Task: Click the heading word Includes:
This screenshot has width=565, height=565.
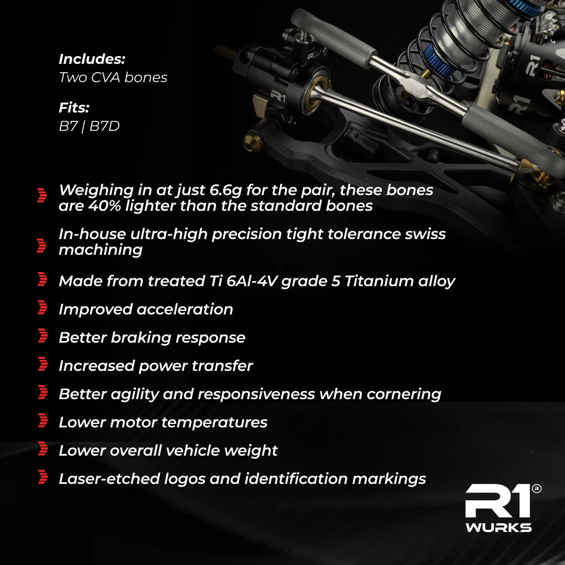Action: tap(92, 59)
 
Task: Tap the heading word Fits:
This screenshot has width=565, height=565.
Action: tap(74, 108)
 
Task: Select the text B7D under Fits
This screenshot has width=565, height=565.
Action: tap(104, 126)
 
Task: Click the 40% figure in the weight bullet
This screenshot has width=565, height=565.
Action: tap(105, 206)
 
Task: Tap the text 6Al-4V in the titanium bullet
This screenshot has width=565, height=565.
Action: tap(252, 281)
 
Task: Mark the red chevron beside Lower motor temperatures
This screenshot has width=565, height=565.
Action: tap(42, 420)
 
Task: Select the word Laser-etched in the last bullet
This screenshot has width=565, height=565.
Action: tap(109, 479)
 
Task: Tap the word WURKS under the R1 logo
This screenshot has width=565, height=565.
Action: tap(499, 527)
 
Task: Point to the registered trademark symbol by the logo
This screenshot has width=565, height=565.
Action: tap(536, 489)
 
